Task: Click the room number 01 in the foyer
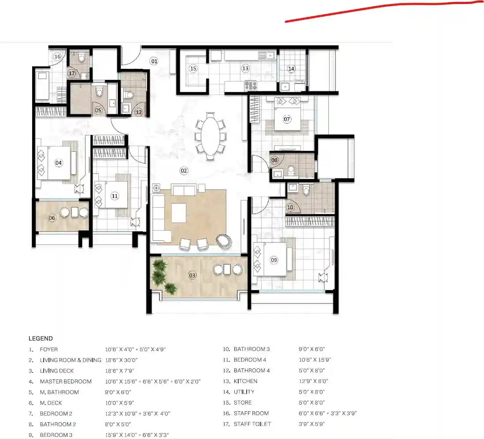(x=154, y=61)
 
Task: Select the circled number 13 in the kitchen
(x=245, y=68)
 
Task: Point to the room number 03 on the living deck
(x=192, y=275)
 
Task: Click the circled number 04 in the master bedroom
(x=58, y=163)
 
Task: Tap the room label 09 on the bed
(x=274, y=260)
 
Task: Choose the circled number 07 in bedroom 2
(x=287, y=119)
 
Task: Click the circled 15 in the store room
(x=193, y=68)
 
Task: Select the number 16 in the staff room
(x=57, y=56)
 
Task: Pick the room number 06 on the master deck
(x=52, y=218)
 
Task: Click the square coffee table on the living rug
(x=179, y=213)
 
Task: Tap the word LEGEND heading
(x=41, y=338)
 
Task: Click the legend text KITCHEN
(x=245, y=381)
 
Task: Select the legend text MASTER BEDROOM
(x=66, y=381)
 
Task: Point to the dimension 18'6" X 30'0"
(x=121, y=360)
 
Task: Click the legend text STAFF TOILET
(x=252, y=424)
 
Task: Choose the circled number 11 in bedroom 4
(x=115, y=196)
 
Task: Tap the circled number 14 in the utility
(x=291, y=68)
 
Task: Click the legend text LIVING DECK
(x=57, y=371)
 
